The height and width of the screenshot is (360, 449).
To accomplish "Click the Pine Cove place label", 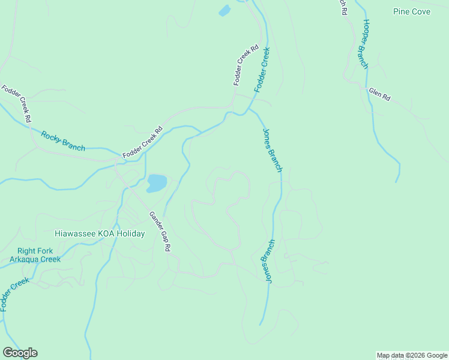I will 412,11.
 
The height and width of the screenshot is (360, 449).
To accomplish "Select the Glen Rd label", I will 379,94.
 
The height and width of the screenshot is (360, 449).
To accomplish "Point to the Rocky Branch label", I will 63,140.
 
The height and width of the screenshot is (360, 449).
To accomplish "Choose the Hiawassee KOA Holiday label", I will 100,234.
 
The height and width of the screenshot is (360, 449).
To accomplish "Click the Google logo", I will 20,353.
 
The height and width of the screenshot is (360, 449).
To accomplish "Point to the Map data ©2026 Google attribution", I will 412,356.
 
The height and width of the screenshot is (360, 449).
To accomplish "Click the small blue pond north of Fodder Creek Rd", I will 224,11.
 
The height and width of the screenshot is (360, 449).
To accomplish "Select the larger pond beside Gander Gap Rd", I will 157,183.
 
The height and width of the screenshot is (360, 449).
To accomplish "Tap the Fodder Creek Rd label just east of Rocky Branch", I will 143,142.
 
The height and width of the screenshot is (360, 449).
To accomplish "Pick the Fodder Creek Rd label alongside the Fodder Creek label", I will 246,64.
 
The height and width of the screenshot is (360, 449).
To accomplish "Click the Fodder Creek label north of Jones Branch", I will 262,70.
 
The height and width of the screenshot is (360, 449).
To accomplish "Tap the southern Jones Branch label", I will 267,262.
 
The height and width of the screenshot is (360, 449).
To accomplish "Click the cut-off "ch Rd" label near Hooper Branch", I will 343,7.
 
